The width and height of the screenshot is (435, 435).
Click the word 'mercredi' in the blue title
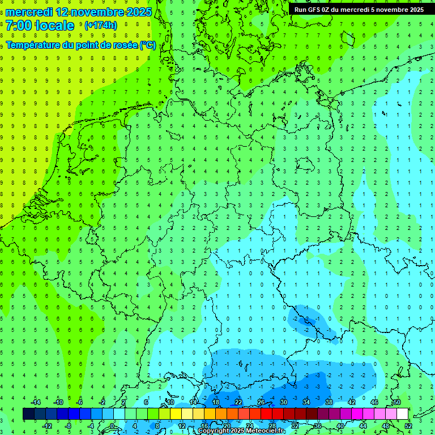click(30, 12)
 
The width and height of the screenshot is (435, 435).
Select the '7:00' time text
click(19, 25)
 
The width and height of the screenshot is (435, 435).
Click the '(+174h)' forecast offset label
click(101, 25)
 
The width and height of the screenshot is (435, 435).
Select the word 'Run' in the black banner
click(300, 10)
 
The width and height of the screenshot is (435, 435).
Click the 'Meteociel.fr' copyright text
click(265, 431)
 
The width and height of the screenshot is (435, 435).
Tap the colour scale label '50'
click(396, 402)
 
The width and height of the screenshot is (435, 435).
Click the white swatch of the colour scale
click(403, 414)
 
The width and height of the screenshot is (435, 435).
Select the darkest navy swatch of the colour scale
click(28, 414)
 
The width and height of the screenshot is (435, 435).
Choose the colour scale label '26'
click(261, 402)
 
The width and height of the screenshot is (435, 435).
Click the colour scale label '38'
click(329, 402)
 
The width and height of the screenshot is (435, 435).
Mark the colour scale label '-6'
click(79, 402)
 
